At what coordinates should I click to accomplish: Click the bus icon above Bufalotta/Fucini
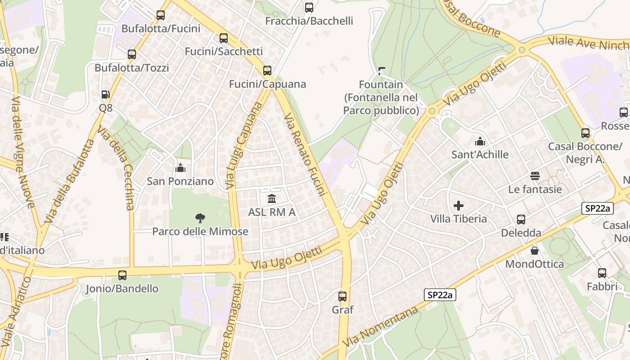(161, 15)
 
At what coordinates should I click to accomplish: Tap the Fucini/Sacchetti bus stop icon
(224, 38)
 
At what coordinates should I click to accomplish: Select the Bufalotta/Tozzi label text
(132, 68)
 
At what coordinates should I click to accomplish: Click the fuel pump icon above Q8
(106, 94)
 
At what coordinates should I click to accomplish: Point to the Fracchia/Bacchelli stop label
(309, 21)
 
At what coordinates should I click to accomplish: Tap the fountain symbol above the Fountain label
(382, 71)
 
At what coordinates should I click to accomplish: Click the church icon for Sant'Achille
(480, 141)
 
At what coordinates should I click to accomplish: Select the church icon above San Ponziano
(180, 168)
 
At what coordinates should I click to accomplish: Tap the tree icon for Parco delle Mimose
(200, 218)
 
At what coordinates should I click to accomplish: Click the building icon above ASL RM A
(272, 198)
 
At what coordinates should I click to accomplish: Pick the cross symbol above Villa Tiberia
(459, 206)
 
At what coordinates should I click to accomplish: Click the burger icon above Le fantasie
(535, 175)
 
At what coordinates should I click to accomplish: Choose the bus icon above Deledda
(521, 220)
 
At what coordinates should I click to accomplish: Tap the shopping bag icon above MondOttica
(535, 250)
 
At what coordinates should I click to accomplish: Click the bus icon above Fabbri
(602, 273)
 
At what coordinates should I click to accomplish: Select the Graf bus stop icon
(342, 296)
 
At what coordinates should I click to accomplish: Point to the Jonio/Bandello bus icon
(122, 275)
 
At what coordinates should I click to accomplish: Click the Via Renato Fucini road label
(305, 155)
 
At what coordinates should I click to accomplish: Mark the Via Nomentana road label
(381, 326)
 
